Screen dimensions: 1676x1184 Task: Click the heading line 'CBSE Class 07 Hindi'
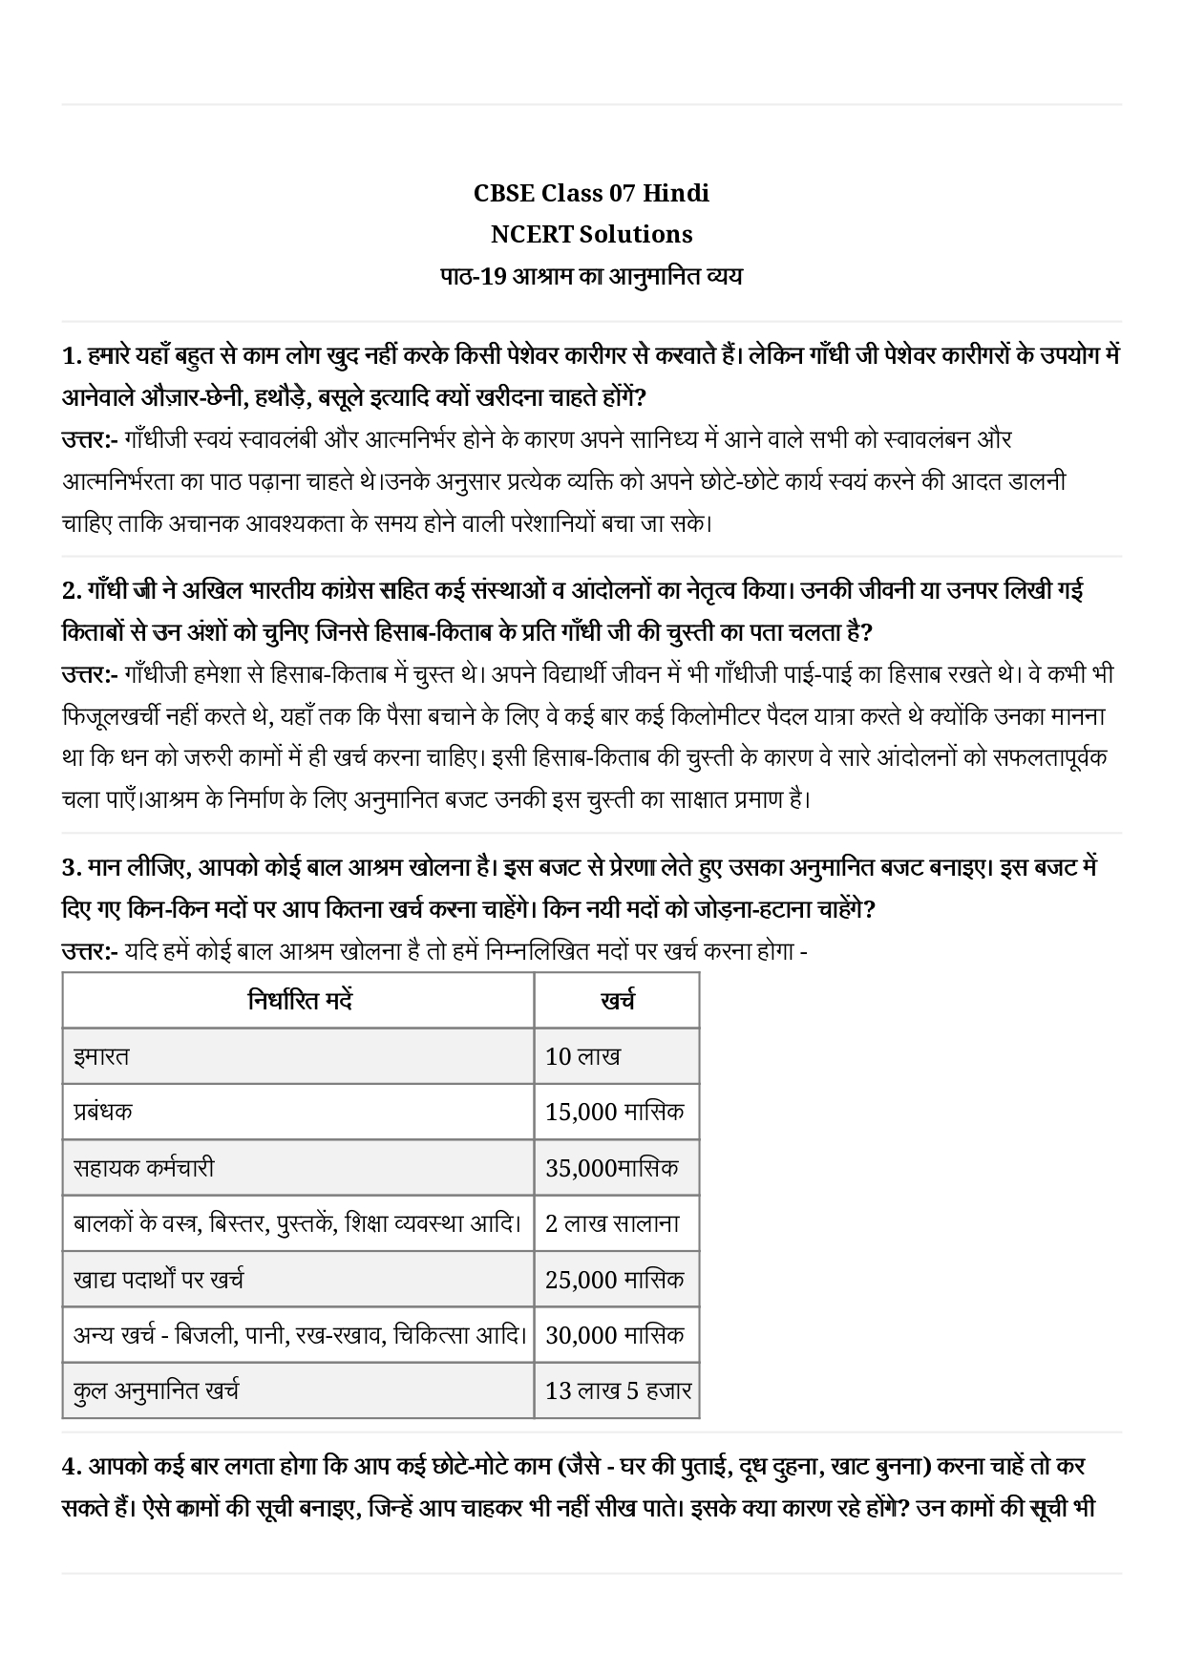coord(591,193)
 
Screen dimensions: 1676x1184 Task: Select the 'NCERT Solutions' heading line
coord(591,234)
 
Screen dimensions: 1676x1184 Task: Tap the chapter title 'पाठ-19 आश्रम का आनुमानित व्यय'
coord(591,277)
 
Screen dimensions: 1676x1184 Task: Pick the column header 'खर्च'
coord(617,1001)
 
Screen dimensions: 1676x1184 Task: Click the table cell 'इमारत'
coord(101,1056)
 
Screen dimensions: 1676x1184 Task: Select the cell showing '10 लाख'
coord(582,1056)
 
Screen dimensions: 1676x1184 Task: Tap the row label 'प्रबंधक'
coord(103,1112)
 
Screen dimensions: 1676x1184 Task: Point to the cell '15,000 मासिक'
coord(614,1112)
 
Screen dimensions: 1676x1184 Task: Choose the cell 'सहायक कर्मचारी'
coord(143,1168)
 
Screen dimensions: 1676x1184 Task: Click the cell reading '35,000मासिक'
coord(612,1168)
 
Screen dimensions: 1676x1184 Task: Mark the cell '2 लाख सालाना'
coord(612,1223)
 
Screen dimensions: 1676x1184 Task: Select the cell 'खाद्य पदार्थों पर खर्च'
coord(159,1280)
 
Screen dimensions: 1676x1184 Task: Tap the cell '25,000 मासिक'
coord(614,1280)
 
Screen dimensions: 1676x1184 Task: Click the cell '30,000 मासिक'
coord(614,1335)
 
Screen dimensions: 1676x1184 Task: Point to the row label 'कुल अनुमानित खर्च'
coord(156,1390)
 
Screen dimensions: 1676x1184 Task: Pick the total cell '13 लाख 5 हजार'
coord(618,1390)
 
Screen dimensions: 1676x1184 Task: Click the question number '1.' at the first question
coord(72,356)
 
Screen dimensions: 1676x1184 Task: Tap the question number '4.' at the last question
coord(72,1466)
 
